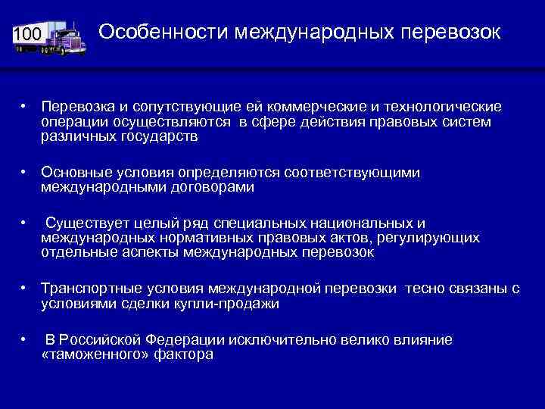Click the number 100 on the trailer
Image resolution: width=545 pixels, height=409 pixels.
point(29,34)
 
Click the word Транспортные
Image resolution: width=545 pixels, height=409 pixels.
point(90,289)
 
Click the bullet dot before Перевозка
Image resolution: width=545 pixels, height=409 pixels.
point(25,108)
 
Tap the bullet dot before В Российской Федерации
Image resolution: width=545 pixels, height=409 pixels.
point(25,340)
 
